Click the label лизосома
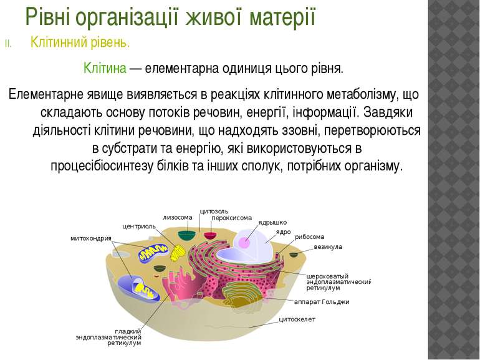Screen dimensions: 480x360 click(x=178, y=218)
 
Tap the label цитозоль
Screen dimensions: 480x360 click(x=214, y=212)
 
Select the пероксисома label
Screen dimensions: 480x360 click(x=231, y=218)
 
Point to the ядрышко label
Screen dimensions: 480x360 click(x=272, y=223)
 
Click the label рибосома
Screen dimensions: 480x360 click(x=309, y=237)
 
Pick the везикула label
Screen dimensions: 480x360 click(x=328, y=247)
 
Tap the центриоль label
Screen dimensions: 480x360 click(x=139, y=226)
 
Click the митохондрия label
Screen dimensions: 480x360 click(x=91, y=238)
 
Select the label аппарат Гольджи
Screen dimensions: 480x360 click(x=322, y=302)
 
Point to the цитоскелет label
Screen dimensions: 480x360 click(x=297, y=319)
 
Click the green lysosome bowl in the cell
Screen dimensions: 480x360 click(x=187, y=235)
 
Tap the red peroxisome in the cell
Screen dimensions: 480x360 click(x=210, y=236)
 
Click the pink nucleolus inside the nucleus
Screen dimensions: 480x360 click(x=244, y=242)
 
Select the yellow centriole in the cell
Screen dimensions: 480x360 click(x=178, y=253)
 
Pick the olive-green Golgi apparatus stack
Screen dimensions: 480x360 click(x=242, y=293)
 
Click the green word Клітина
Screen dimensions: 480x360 click(x=105, y=68)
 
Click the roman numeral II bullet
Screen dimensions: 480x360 click(x=8, y=44)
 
